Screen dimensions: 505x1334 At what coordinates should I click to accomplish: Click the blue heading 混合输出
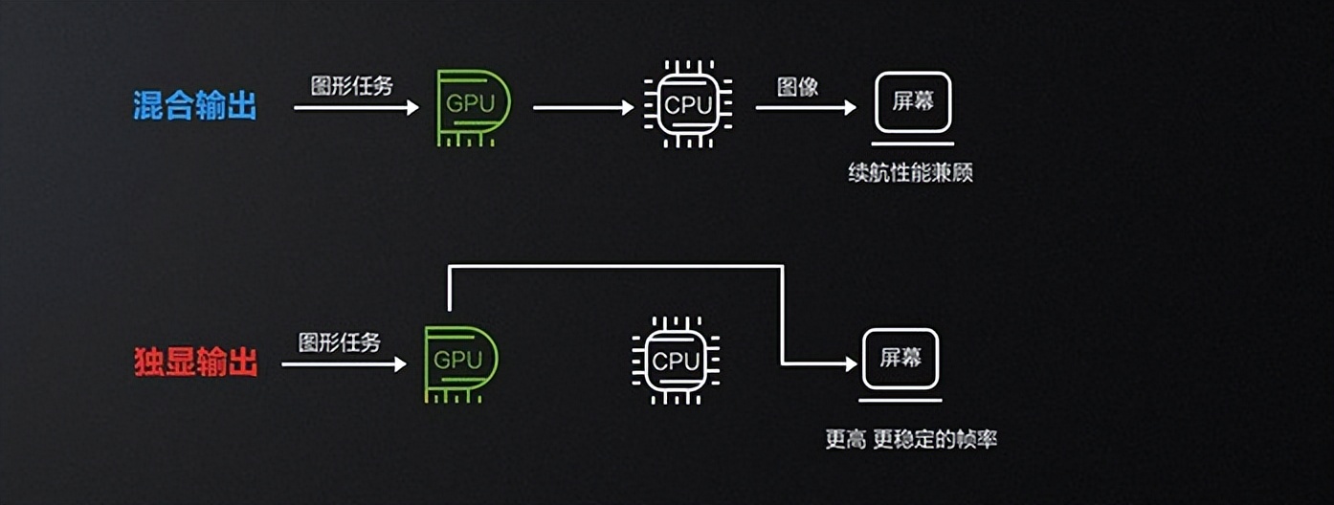click(x=195, y=106)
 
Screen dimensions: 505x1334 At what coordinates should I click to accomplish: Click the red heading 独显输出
click(x=195, y=363)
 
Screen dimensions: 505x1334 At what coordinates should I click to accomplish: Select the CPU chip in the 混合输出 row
click(x=688, y=105)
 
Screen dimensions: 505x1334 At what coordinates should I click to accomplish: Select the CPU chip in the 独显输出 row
click(x=676, y=362)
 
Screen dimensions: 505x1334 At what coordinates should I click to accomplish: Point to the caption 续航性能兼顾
click(x=910, y=174)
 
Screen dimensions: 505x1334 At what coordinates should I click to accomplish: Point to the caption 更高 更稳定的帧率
click(x=911, y=440)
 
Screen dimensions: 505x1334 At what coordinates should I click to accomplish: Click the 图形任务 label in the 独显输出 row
click(x=340, y=342)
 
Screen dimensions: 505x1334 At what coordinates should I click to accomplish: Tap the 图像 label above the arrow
click(x=797, y=87)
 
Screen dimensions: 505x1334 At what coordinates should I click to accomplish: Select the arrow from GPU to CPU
click(x=582, y=107)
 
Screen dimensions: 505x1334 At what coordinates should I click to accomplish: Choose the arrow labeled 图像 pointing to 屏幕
click(x=805, y=107)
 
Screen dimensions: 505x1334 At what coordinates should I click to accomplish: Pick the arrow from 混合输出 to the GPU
click(x=355, y=107)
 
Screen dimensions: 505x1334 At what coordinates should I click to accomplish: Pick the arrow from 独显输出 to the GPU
click(x=343, y=363)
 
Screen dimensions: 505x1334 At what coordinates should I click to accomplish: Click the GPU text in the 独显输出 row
click(x=459, y=362)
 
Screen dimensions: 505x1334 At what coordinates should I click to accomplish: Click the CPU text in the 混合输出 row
click(x=688, y=105)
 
